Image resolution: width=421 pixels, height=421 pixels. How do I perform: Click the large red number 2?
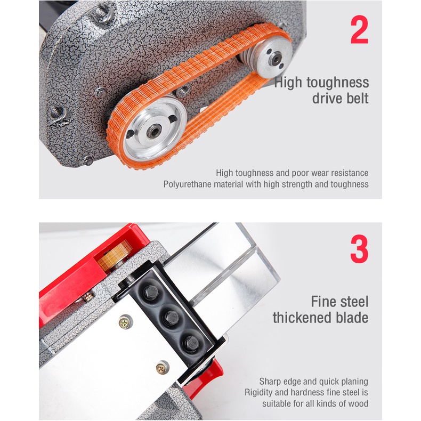tap(360, 29)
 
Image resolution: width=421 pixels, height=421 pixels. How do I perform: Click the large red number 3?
tap(359, 249)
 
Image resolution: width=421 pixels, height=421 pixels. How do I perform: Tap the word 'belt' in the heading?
tap(358, 98)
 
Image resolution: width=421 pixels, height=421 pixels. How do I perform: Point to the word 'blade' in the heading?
tap(352, 318)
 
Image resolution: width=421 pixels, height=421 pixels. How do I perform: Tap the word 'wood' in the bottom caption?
tap(358, 403)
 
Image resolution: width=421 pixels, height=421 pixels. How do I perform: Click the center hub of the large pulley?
tap(154, 131)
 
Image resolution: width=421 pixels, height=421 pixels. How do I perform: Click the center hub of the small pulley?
tap(276, 59)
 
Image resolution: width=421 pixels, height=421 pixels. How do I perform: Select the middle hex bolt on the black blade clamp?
tap(172, 318)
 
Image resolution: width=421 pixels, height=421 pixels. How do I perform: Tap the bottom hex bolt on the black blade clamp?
tap(191, 343)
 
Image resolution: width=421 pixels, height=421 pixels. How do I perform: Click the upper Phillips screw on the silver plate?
tap(125, 321)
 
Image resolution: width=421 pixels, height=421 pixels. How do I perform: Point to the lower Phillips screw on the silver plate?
tap(162, 368)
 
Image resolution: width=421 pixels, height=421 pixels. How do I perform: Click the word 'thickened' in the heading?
tap(302, 318)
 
